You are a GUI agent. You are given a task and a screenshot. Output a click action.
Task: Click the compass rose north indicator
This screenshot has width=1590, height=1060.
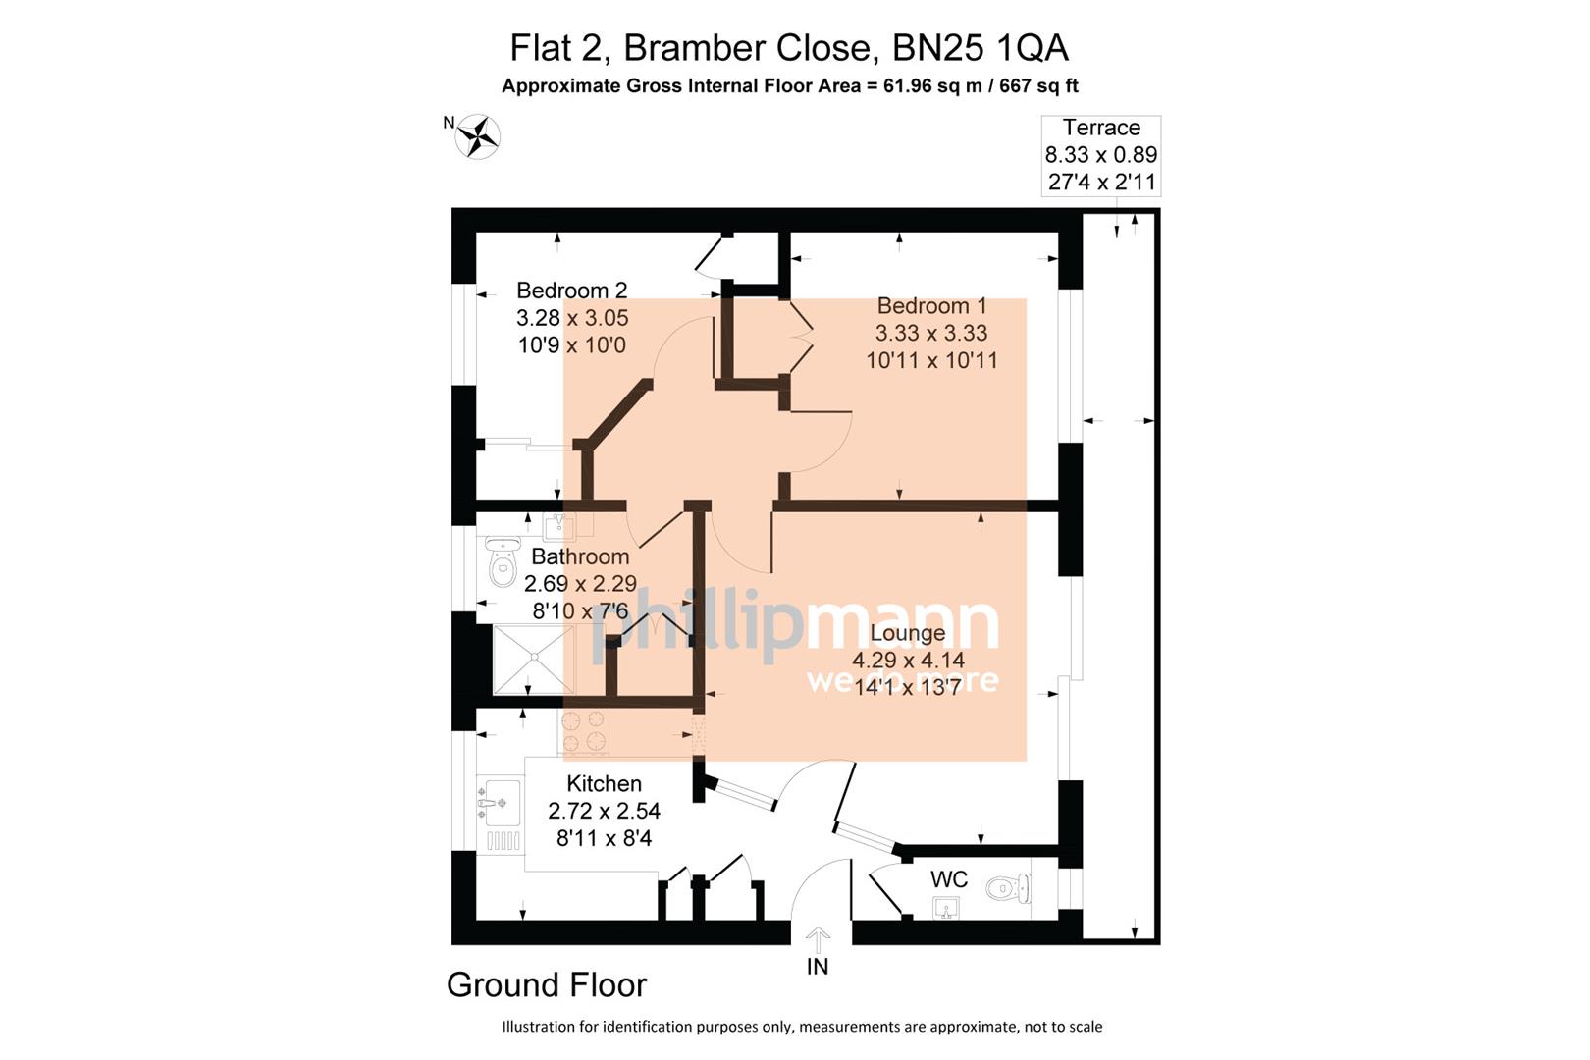(x=478, y=136)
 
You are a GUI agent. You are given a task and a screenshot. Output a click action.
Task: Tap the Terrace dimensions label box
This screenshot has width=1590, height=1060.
(x=1100, y=155)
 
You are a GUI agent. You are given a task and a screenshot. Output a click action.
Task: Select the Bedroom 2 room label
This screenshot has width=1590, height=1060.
(x=571, y=291)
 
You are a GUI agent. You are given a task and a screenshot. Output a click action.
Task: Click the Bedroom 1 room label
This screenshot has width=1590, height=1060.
(x=931, y=306)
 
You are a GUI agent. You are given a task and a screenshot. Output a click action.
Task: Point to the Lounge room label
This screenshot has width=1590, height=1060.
(x=907, y=634)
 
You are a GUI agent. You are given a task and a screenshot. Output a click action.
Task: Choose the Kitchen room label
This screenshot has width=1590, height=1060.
(x=604, y=784)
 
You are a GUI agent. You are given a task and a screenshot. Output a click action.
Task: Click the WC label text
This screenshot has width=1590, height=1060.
(x=948, y=879)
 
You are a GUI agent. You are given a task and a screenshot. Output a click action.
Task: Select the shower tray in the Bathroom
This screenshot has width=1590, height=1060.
(x=533, y=659)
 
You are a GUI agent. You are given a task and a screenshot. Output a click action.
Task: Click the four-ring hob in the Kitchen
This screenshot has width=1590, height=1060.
(x=584, y=732)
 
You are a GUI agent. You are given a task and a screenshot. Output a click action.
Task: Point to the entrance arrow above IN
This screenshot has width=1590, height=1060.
(x=818, y=938)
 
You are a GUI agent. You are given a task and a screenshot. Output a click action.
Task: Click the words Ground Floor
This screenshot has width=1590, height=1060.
(x=547, y=985)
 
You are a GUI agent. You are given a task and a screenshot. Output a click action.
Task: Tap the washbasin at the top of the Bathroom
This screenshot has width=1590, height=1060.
(x=559, y=527)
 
